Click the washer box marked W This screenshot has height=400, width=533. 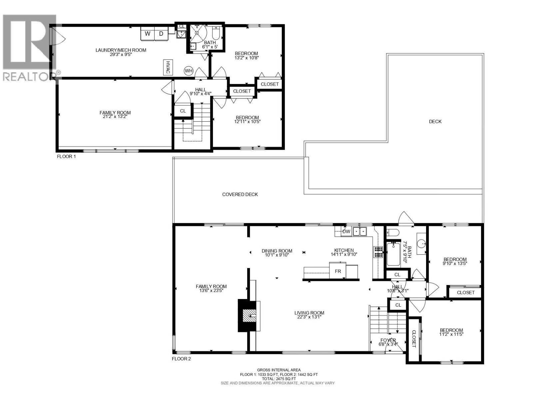[x=147, y=34]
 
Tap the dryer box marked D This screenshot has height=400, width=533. [x=161, y=34]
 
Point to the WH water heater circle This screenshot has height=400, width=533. [x=189, y=71]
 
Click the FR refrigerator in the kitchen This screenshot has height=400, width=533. [x=337, y=271]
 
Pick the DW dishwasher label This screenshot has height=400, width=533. [x=346, y=231]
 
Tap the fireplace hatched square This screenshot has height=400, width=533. [x=250, y=316]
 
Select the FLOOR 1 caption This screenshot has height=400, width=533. [x=66, y=156]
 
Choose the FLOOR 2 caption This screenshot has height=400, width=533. [x=182, y=359]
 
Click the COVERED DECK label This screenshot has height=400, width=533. [x=240, y=194]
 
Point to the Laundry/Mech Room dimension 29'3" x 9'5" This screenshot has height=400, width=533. [x=121, y=54]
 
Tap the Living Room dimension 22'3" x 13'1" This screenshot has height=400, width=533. [x=309, y=317]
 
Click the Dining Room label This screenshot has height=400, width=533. [x=277, y=251]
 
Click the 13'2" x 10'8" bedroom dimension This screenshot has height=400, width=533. [x=247, y=58]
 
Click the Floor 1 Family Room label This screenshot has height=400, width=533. [x=115, y=113]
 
